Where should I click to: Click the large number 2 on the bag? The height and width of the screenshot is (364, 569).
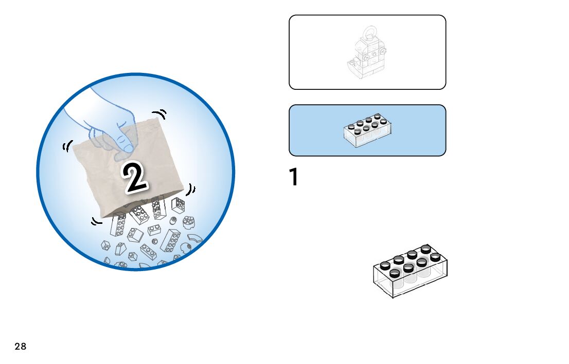pyautogui.click(x=134, y=178)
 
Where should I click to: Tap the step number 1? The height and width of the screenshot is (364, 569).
pyautogui.click(x=294, y=178)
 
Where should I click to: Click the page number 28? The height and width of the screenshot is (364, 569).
pyautogui.click(x=20, y=347)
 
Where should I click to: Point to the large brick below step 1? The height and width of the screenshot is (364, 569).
pyautogui.click(x=410, y=271)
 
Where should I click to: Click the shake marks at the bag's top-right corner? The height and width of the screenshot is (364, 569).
pyautogui.click(x=160, y=114)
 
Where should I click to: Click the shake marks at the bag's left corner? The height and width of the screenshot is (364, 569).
pyautogui.click(x=66, y=147)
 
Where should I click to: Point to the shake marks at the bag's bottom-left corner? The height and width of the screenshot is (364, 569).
pyautogui.click(x=96, y=222)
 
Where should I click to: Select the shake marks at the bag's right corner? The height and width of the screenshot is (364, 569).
pyautogui.click(x=191, y=190)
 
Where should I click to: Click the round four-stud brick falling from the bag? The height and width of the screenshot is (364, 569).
pyautogui.click(x=188, y=222)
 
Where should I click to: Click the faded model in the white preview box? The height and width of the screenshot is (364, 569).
pyautogui.click(x=367, y=54)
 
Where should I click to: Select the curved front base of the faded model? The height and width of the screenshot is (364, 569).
pyautogui.click(x=353, y=66)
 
